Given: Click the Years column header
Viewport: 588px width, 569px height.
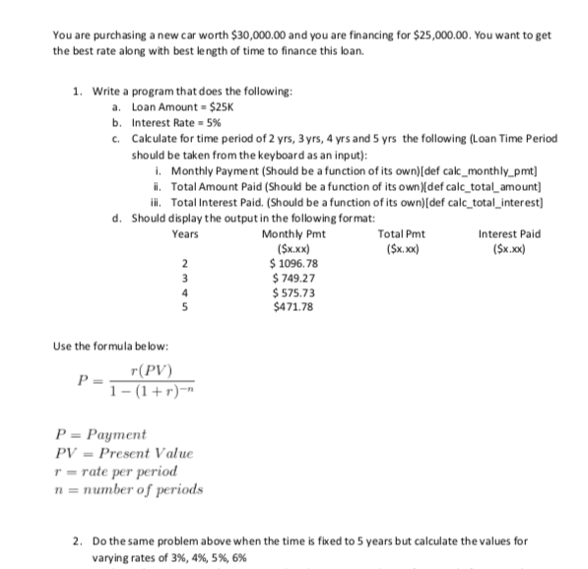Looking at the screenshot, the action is pyautogui.click(x=184, y=233).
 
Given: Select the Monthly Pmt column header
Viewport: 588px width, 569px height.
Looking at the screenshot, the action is pyautogui.click(x=295, y=233).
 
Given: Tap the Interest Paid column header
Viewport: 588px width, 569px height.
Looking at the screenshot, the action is pyautogui.click(x=508, y=233).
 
